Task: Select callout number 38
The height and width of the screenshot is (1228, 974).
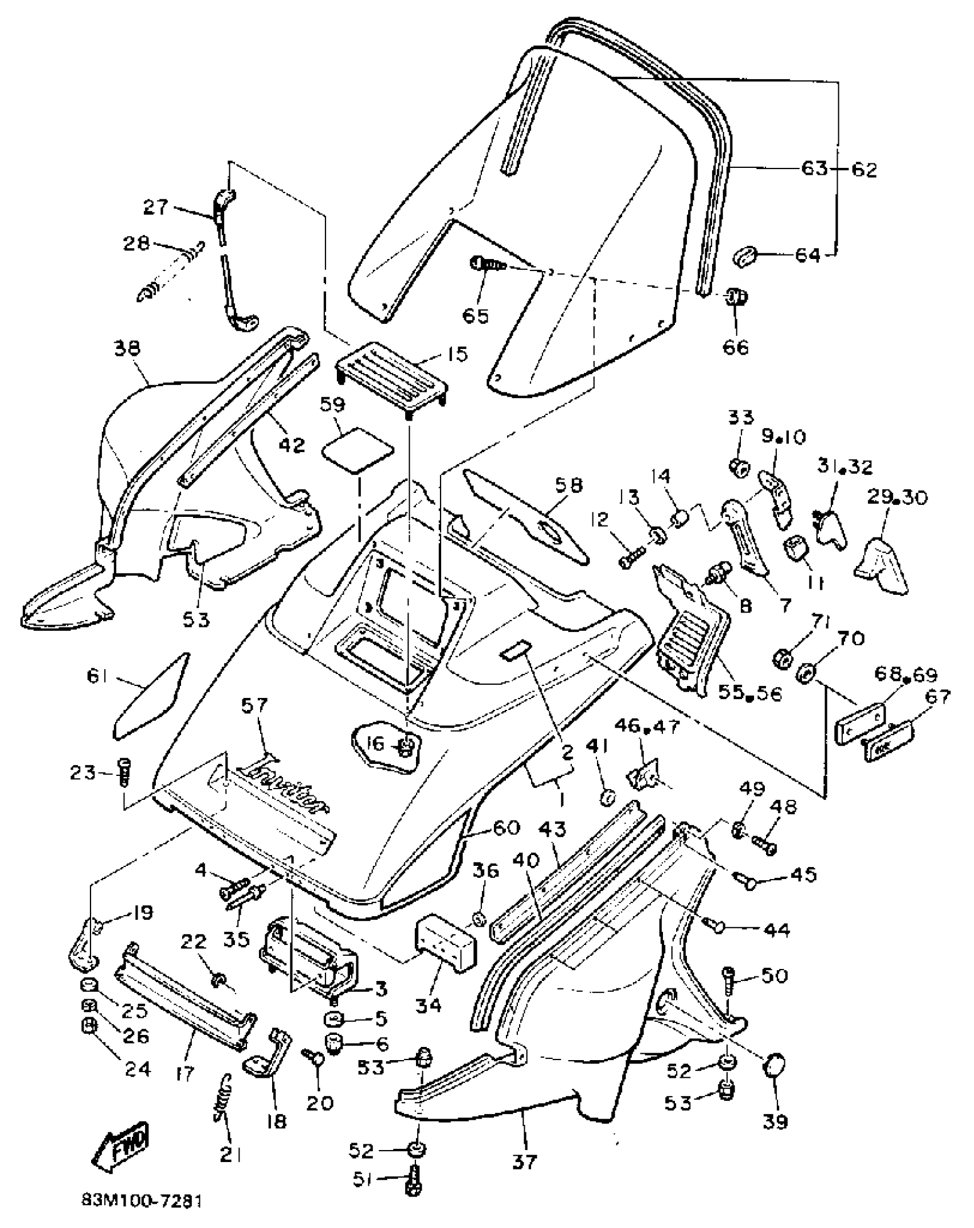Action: (127, 348)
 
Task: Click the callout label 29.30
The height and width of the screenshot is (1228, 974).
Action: (897, 497)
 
